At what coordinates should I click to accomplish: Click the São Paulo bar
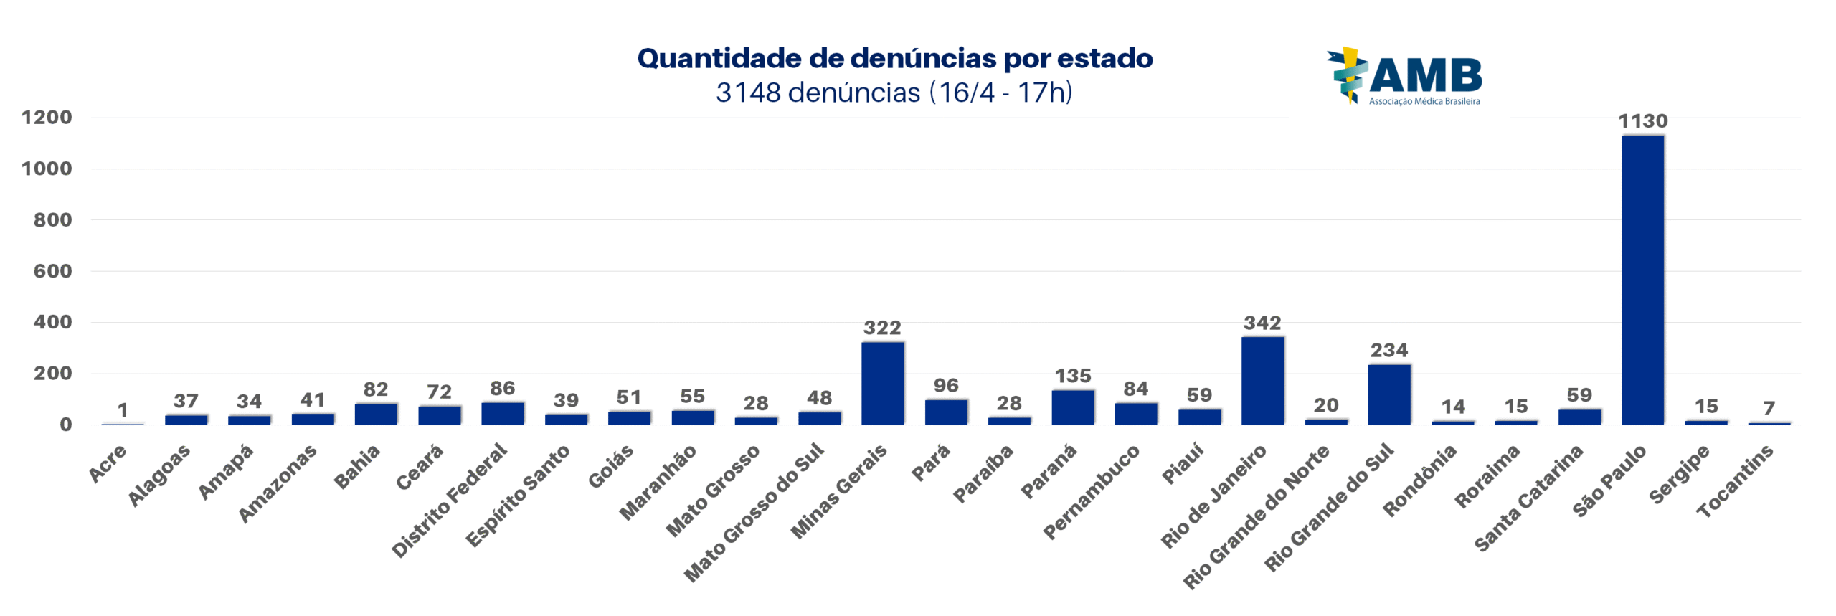pos(1642,280)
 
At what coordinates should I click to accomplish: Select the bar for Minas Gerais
pos(882,383)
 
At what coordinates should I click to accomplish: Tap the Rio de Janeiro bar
pos(1262,380)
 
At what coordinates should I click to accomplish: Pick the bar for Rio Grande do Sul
pos(1388,394)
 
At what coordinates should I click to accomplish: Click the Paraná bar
pos(1072,407)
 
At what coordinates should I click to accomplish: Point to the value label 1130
pos(1642,121)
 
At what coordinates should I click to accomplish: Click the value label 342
pos(1262,323)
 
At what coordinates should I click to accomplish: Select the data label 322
pos(882,328)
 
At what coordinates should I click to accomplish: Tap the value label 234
pos(1389,351)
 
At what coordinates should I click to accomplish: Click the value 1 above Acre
pos(123,410)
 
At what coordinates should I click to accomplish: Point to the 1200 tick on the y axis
pos(47,118)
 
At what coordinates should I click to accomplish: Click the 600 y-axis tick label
pos(52,271)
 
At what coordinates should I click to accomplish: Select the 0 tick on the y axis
pos(65,425)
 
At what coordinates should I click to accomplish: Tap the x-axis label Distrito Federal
pos(450,500)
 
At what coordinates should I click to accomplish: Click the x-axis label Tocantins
pos(1735,480)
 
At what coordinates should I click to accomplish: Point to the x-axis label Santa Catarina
pos(1528,498)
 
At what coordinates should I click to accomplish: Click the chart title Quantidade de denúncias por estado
pos(894,58)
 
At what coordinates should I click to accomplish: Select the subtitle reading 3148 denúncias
pos(894,93)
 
